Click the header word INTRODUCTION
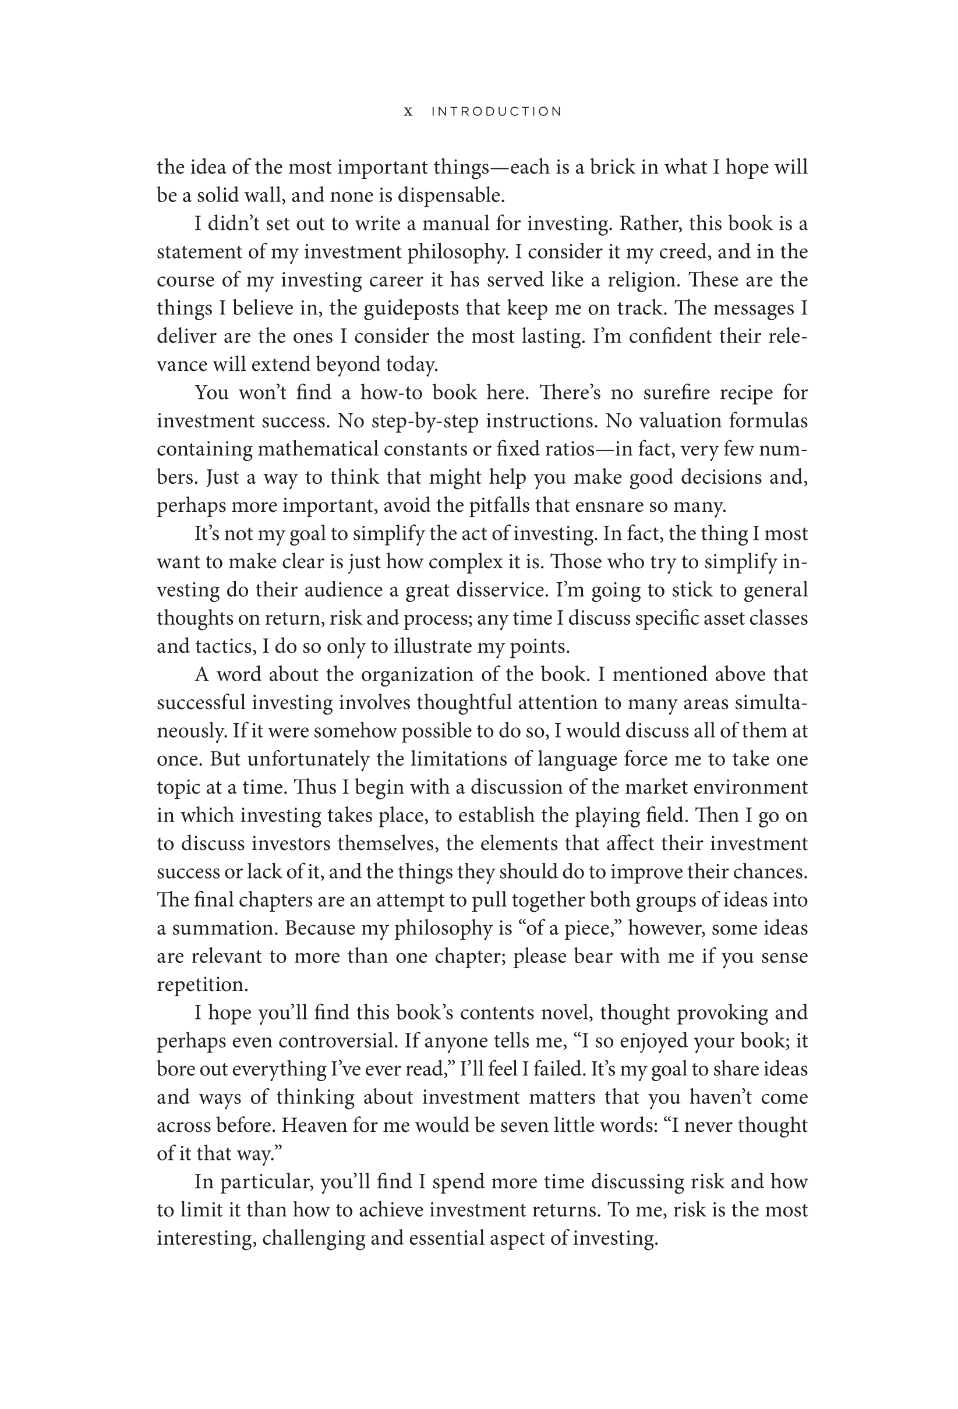[x=497, y=112]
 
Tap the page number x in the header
[x=409, y=112]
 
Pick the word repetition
[x=203, y=985]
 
